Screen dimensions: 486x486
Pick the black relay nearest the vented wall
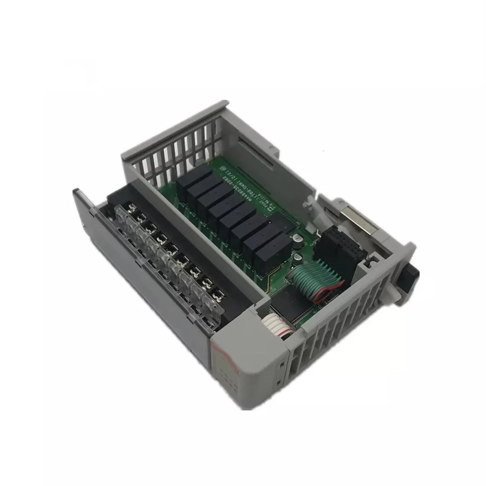(x=193, y=178)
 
